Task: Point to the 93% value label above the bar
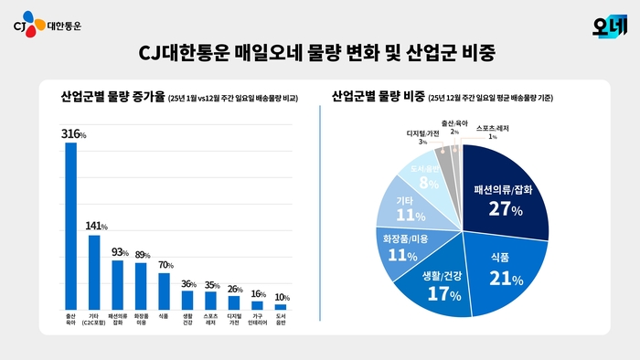coord(118,251)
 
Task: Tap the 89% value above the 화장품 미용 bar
coord(142,254)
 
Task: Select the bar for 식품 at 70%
coord(165,291)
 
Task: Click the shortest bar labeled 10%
coord(281,307)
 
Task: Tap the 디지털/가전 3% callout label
coord(422,136)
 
